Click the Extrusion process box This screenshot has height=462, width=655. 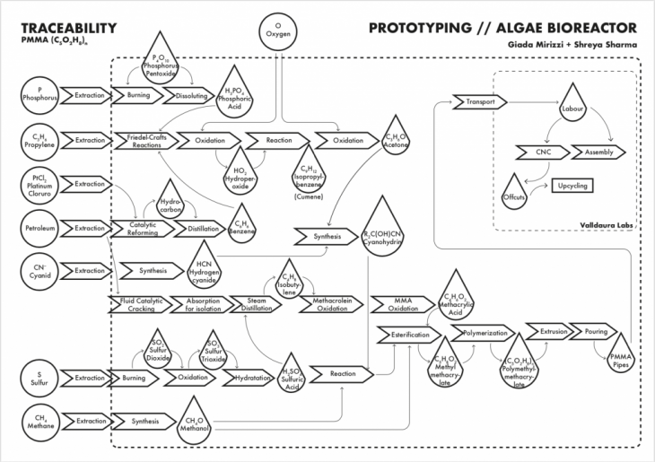tap(554, 332)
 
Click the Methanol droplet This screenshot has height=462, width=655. tap(196, 423)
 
